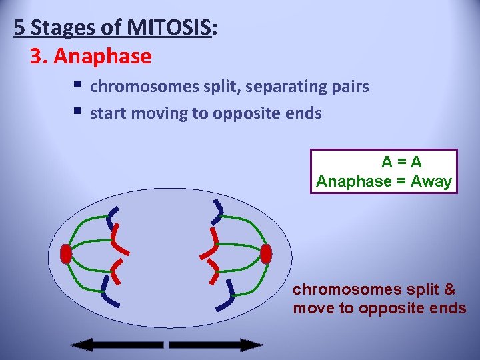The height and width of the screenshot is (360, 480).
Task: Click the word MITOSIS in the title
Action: [170, 28]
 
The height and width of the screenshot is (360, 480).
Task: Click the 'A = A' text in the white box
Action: [401, 162]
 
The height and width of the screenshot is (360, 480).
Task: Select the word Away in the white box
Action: [432, 181]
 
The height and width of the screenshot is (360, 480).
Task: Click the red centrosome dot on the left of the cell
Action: [65, 254]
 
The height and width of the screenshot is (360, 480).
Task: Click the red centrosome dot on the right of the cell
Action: [266, 254]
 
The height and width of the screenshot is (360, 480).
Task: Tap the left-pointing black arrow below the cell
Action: [117, 345]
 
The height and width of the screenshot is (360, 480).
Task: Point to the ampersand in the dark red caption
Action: [449, 289]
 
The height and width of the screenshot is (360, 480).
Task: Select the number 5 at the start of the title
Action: [19, 28]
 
